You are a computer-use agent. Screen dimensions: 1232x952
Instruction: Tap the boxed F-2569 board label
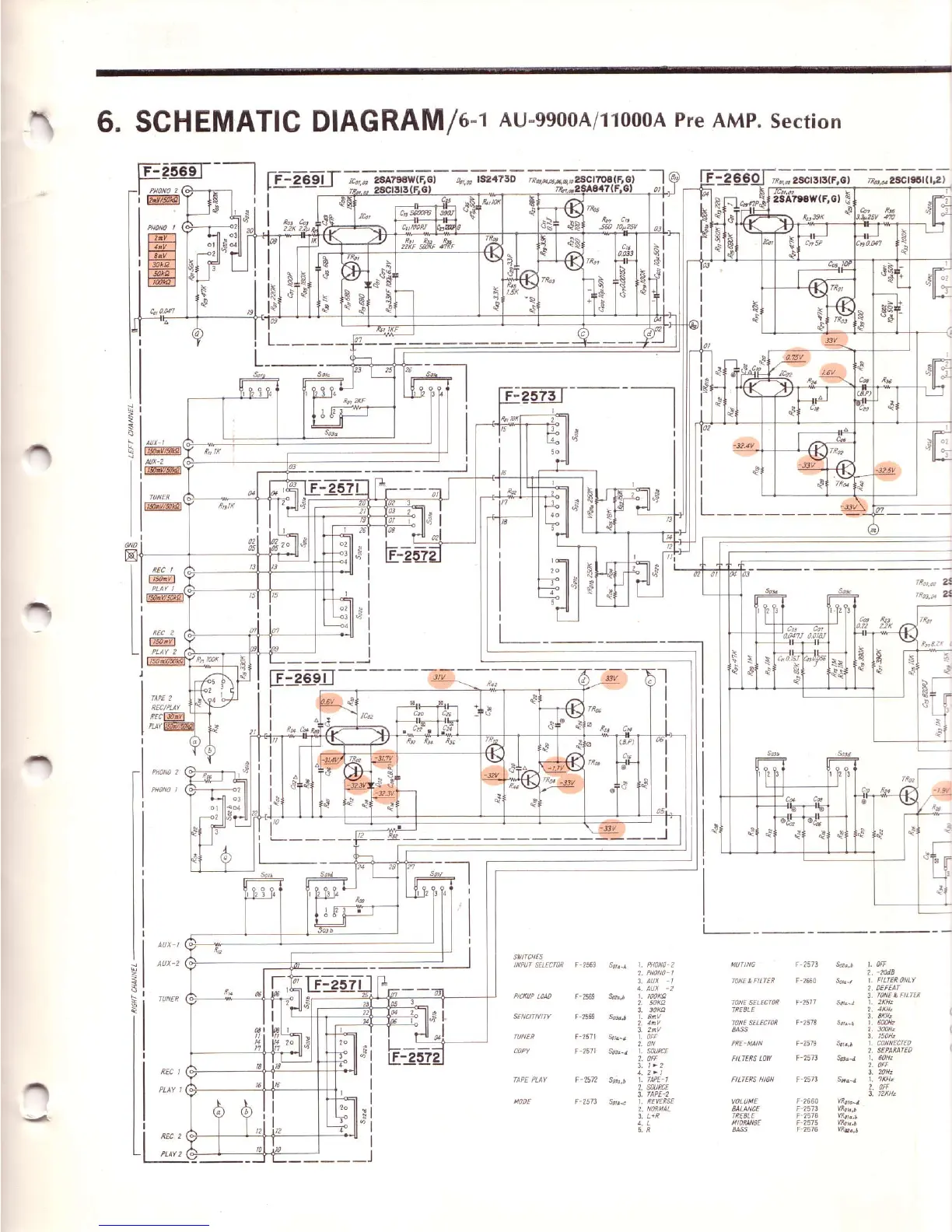point(170,171)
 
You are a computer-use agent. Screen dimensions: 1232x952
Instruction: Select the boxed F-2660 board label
point(732,178)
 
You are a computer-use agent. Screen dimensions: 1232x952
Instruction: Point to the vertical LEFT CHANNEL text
point(131,440)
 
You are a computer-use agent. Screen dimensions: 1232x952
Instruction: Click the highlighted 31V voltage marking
point(439,677)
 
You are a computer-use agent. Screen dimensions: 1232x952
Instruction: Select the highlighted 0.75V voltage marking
point(793,356)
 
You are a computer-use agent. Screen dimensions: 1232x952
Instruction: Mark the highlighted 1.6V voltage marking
point(828,373)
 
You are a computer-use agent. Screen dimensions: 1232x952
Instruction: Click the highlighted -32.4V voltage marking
point(745,446)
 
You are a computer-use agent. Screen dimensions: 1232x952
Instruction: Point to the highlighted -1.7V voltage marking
point(556,768)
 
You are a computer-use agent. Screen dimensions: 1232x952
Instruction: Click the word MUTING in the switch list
point(743,964)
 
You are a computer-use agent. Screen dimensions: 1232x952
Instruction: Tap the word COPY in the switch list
point(521,1051)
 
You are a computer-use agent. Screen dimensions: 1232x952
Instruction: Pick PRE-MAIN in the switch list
point(747,1044)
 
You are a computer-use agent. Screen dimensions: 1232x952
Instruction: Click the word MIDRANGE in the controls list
point(744,1123)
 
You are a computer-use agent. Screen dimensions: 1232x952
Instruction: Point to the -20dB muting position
point(885,972)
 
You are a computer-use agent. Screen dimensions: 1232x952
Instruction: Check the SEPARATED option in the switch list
point(894,1050)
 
